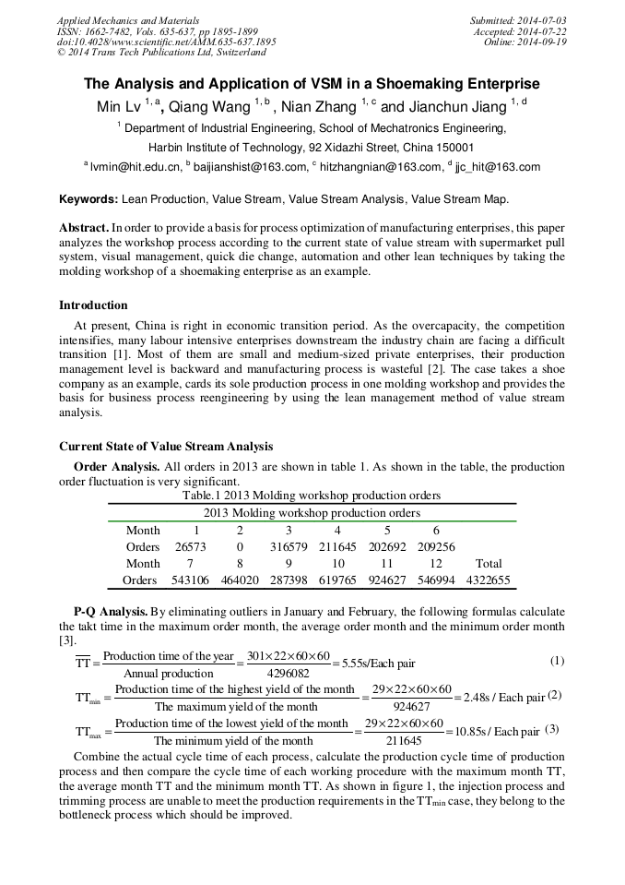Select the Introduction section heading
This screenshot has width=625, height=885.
pos(93,305)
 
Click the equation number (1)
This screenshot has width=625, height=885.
pos(557,661)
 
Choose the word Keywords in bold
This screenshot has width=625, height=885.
pos(88,199)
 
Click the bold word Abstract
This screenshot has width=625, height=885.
pos(84,227)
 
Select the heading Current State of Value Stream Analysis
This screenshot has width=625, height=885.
pos(166,447)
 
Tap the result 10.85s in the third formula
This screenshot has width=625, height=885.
pos(466,732)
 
